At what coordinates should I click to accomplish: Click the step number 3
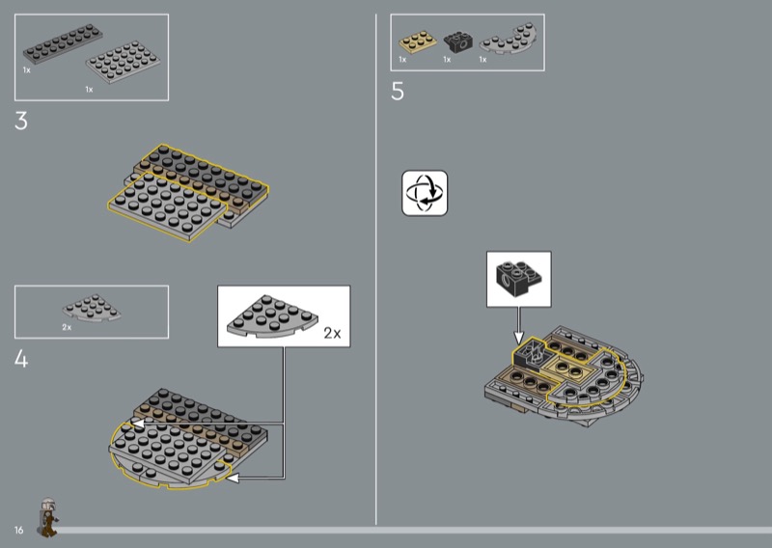pos(21,122)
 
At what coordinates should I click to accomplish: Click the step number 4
pos(21,359)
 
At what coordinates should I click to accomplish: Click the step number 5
pos(398,92)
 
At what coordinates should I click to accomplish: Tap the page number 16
pos(18,530)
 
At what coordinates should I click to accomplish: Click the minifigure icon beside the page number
pos(47,517)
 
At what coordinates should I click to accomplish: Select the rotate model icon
pos(425,193)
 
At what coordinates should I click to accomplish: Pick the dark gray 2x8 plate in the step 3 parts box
pos(63,44)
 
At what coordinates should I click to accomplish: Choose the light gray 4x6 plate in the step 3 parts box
pos(124,61)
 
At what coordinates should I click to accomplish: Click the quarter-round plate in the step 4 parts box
pos(92,308)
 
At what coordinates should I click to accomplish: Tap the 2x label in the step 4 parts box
pos(67,327)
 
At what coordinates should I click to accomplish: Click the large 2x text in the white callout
pos(332,333)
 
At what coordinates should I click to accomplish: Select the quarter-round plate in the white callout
pos(272,316)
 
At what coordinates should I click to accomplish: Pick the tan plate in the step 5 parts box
pos(418,41)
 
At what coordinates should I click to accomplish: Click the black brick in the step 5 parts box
pos(457,41)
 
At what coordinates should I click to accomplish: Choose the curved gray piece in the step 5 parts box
pos(509,39)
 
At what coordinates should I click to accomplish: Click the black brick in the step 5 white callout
pos(519,279)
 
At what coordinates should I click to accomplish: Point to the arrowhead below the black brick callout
pos(518,338)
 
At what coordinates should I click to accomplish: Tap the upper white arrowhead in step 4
pos(138,423)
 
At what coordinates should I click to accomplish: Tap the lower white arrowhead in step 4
pos(232,478)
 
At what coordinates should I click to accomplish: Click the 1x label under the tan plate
pos(402,60)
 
